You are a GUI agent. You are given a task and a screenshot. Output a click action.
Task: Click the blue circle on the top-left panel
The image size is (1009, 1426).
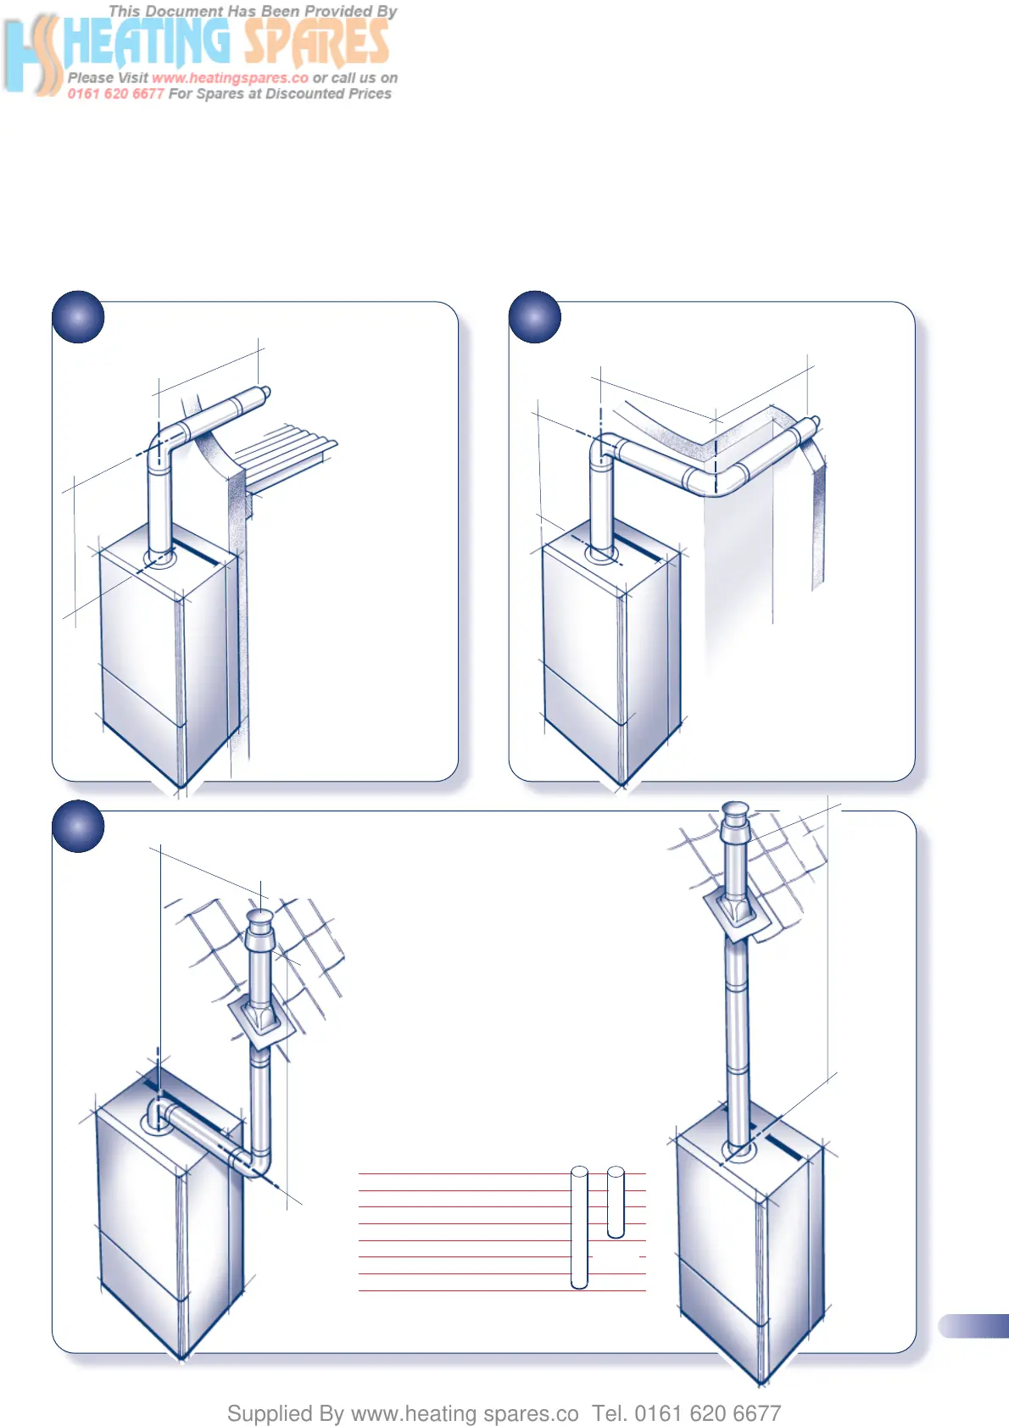[78, 317]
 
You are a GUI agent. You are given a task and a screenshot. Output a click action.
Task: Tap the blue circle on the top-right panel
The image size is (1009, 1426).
[535, 317]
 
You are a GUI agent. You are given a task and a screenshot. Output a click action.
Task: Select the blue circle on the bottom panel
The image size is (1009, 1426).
[78, 827]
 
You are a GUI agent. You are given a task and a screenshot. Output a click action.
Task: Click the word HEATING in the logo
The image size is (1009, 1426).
[148, 42]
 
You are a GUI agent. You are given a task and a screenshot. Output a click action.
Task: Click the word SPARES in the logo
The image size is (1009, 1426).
[316, 42]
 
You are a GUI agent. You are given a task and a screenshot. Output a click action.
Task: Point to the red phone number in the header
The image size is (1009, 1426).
[116, 93]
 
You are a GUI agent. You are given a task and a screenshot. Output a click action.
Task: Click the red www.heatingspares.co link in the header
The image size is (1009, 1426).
[230, 78]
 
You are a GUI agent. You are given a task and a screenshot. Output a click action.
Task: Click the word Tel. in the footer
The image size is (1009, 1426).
[610, 1412]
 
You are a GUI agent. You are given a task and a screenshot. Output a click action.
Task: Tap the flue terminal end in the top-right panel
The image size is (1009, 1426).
[811, 426]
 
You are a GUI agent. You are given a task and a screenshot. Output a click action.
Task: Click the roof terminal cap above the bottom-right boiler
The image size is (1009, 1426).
[734, 813]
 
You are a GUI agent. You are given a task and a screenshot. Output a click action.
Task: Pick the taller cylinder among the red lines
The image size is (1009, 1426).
[579, 1227]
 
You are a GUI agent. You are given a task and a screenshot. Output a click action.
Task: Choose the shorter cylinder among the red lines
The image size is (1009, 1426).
[616, 1202]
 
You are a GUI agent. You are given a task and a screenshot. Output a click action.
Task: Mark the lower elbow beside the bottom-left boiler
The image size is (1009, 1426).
[254, 1161]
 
